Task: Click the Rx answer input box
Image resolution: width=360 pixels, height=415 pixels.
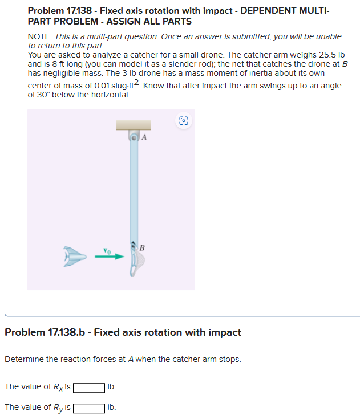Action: (89, 388)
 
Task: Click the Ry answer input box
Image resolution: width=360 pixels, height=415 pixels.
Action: (89, 408)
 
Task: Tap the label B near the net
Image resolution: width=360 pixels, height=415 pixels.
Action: (142, 248)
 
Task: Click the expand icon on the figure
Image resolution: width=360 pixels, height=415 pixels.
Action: (184, 121)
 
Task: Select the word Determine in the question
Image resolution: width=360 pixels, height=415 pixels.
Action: (24, 360)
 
